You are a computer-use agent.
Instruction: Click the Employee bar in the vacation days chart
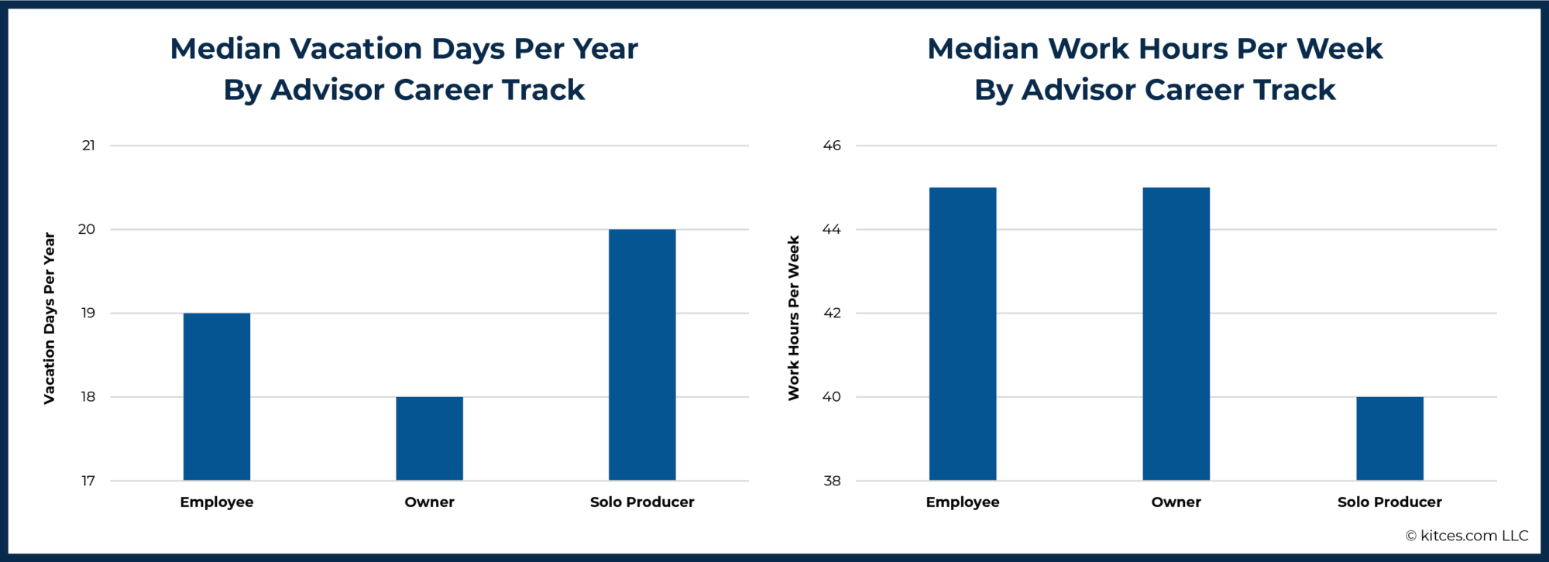(217, 396)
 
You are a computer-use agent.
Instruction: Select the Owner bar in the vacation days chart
(429, 438)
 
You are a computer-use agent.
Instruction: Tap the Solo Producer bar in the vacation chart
(642, 355)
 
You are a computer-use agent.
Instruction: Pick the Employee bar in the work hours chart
(963, 334)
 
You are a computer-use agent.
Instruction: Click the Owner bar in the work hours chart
(1176, 334)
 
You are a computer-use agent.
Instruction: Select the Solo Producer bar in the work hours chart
(1389, 438)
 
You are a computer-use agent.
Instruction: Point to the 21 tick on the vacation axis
(89, 146)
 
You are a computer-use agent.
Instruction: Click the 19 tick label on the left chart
(88, 313)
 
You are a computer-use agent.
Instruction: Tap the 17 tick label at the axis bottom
(88, 481)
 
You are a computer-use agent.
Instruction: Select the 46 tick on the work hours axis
(832, 146)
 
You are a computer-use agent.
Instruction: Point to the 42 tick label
(832, 313)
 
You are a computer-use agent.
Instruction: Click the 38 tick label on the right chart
(832, 481)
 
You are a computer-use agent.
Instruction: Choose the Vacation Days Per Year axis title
(50, 317)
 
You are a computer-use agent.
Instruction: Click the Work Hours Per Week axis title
(794, 317)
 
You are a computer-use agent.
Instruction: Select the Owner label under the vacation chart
(429, 502)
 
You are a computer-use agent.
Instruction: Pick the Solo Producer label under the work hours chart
(1389, 502)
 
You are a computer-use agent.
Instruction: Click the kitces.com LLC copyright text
(1467, 536)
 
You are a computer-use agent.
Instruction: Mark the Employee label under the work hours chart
(963, 502)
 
